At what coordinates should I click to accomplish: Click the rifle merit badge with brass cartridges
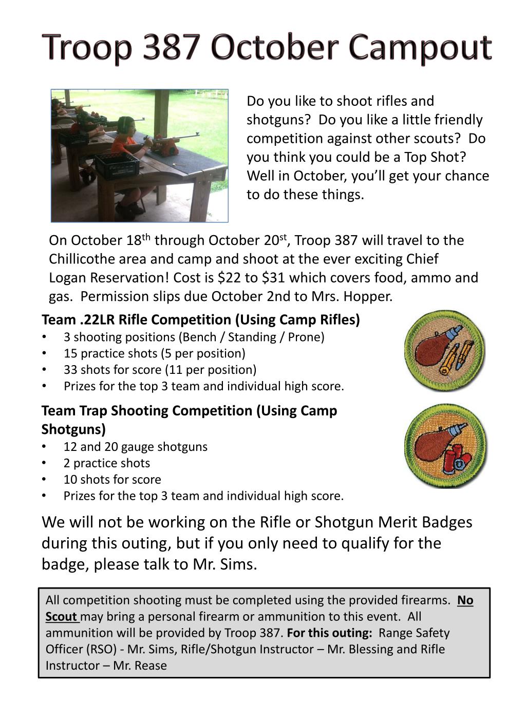pyautogui.click(x=445, y=350)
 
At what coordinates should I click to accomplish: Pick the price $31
pyautogui.click(x=273, y=278)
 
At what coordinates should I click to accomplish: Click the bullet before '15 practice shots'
pyautogui.click(x=45, y=353)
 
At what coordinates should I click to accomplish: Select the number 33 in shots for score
pyautogui.click(x=70, y=370)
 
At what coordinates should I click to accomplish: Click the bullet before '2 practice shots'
pyautogui.click(x=45, y=463)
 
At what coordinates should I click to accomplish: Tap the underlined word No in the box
pyautogui.click(x=465, y=600)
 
